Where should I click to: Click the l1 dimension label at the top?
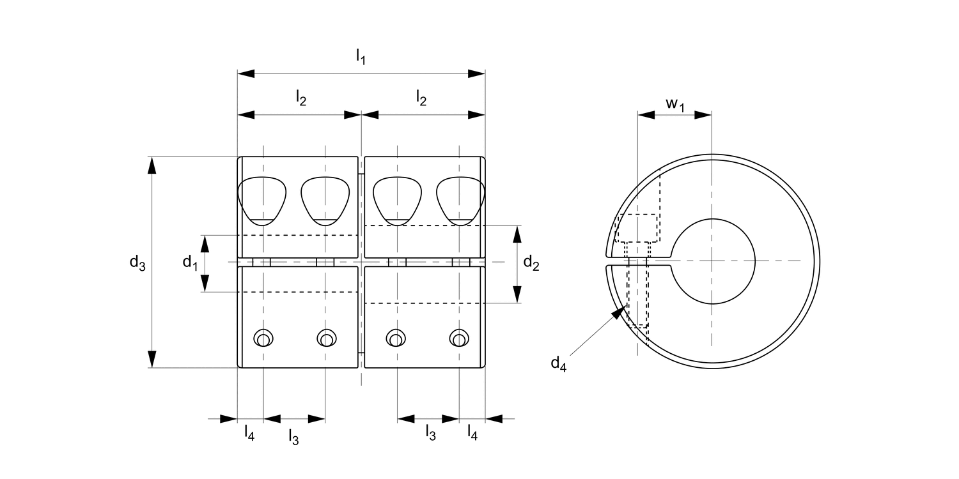coord(361,57)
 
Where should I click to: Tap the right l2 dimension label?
coord(422,98)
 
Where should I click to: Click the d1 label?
coord(190,262)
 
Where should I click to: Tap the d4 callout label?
coord(559,364)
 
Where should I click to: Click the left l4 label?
coord(249,434)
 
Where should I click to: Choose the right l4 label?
coord(472,434)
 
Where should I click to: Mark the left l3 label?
coord(293,437)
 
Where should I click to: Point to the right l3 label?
coord(431,434)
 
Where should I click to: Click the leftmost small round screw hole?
coord(263,338)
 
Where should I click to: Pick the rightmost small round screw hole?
coord(458,338)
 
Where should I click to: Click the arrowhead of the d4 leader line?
coord(618,312)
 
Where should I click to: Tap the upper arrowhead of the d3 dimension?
coord(152,165)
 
